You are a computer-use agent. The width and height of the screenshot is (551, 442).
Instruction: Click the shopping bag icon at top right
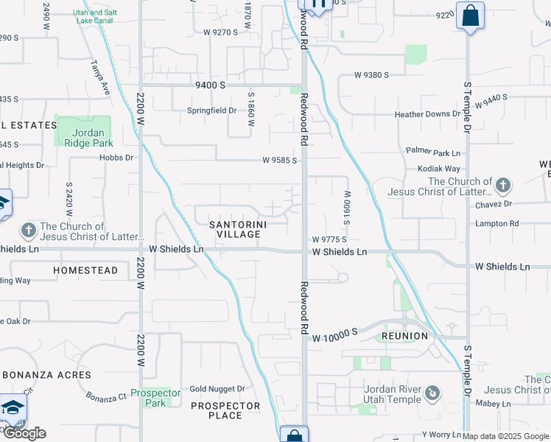[469, 15]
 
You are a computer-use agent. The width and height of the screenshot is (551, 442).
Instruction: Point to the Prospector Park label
[155, 398]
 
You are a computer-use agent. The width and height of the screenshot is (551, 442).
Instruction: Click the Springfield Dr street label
[211, 110]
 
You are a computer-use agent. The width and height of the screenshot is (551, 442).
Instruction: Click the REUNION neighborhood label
[404, 336]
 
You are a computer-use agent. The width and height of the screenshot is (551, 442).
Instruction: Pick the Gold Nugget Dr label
[217, 388]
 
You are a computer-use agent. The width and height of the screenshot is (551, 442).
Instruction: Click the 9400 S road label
[211, 85]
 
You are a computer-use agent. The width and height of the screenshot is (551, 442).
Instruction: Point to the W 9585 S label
[279, 160]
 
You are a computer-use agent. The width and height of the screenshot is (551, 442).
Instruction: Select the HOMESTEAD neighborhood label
[85, 270]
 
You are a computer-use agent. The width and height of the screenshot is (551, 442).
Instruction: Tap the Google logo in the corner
[24, 433]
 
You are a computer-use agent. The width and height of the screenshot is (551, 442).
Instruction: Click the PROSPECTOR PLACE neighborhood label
[225, 410]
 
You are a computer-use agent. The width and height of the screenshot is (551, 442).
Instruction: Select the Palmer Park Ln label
[432, 152]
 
